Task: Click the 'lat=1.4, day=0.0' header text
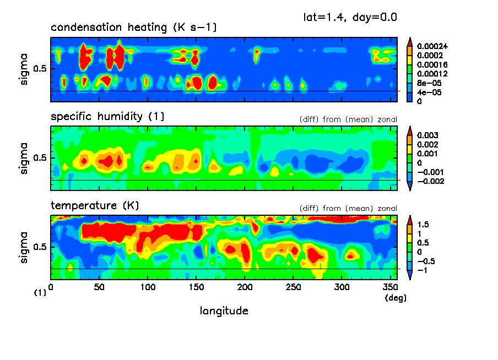tap(350, 17)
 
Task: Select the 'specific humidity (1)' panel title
tap(107, 117)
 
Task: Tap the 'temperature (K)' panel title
tap(95, 206)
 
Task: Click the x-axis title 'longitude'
tap(224, 311)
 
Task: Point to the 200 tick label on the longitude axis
tap(245, 287)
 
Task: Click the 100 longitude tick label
tap(148, 287)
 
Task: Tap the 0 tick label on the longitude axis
tap(51, 287)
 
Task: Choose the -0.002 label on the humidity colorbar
tap(430, 181)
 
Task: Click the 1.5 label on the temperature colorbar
tap(423, 224)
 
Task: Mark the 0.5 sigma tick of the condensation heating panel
tap(42, 69)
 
